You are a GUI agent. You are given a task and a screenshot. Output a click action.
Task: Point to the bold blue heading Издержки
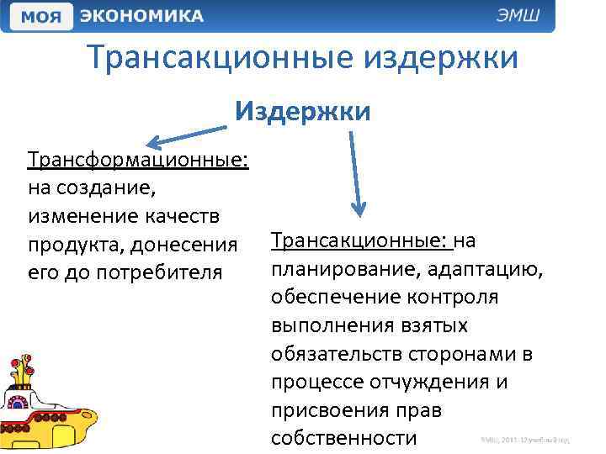(x=303, y=111)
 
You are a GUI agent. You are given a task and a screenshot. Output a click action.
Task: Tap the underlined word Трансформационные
(x=138, y=160)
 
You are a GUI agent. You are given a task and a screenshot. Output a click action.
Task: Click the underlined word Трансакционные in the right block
(x=361, y=241)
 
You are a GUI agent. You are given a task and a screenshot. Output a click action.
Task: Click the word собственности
(x=344, y=439)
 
